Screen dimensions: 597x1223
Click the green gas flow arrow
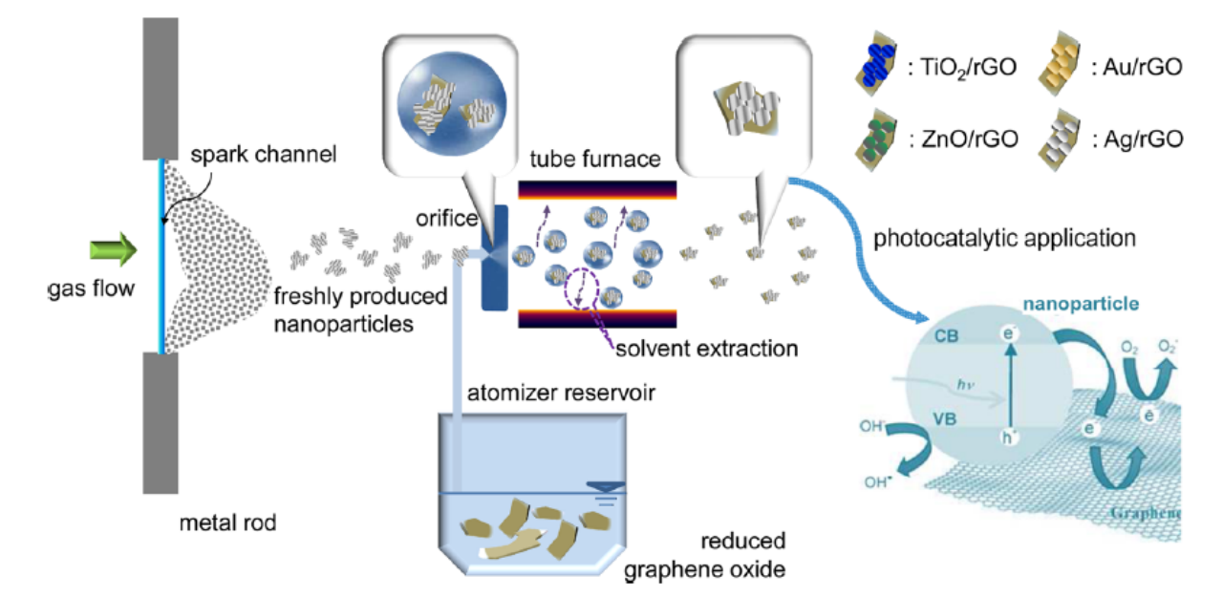(112, 252)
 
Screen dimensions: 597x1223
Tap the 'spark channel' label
(264, 154)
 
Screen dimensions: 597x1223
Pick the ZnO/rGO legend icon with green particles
(875, 137)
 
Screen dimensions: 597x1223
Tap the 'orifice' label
(446, 219)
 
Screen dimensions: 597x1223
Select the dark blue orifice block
(494, 257)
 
